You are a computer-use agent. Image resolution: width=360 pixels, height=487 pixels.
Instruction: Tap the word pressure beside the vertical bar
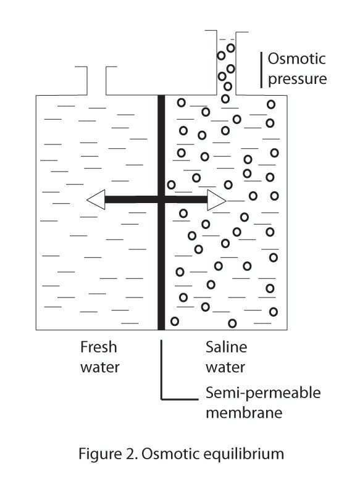[x=297, y=80]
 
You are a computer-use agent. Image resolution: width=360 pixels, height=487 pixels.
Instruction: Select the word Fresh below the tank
[x=98, y=348]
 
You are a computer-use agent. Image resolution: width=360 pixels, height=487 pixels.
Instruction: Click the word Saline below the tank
[x=226, y=348]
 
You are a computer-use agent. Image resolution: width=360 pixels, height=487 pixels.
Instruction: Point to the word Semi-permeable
[x=263, y=393]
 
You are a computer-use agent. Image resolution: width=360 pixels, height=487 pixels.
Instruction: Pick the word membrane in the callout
[x=244, y=412]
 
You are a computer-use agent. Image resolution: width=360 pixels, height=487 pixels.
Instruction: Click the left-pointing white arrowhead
[x=96, y=199]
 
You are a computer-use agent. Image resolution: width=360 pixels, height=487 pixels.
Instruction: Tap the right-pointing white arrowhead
[x=216, y=199]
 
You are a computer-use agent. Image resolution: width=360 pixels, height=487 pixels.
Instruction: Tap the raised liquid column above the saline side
[x=227, y=65]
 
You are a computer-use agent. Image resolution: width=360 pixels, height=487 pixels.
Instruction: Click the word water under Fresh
[x=99, y=367]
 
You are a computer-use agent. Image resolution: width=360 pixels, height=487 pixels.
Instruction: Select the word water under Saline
[x=225, y=367]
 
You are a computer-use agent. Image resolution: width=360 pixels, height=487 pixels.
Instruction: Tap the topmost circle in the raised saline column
[x=230, y=48]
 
